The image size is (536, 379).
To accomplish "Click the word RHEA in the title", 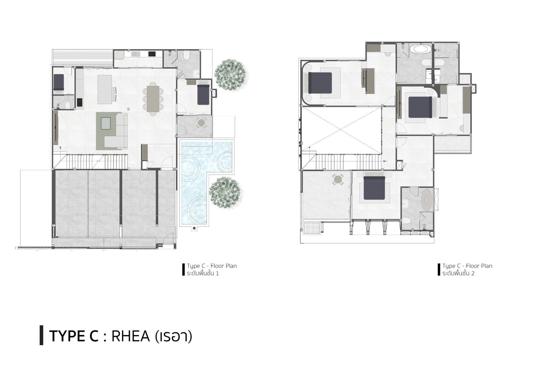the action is pyautogui.click(x=131, y=336).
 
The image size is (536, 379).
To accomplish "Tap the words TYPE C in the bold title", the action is pyautogui.click(x=74, y=336).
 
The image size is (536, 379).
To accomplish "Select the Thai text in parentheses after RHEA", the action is pyautogui.click(x=174, y=336).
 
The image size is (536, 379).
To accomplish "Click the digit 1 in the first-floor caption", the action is pyautogui.click(x=217, y=273).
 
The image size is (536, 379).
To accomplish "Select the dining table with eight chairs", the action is pyautogui.click(x=153, y=99).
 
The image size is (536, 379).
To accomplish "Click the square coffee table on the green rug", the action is pyautogui.click(x=106, y=124).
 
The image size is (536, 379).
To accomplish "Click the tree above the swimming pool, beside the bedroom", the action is pyautogui.click(x=231, y=75).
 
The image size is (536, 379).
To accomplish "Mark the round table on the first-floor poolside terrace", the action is pyautogui.click(x=201, y=123).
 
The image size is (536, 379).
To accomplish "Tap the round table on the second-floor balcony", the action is pyautogui.click(x=338, y=179).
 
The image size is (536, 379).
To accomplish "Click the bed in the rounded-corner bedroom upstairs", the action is pyautogui.click(x=320, y=82).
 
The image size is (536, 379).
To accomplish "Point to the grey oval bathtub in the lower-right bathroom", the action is pyautogui.click(x=427, y=200).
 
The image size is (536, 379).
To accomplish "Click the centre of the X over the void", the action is pyautogui.click(x=341, y=131).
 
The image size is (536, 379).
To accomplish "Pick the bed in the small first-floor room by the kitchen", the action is pyautogui.click(x=59, y=82).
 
